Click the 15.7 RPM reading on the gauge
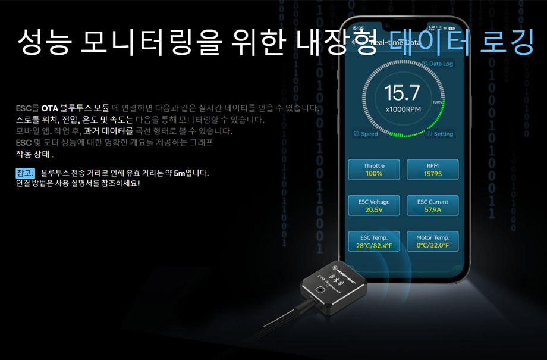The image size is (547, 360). coord(403,93)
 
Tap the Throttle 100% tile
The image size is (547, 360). coord(374,170)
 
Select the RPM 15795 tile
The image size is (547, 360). coord(432,170)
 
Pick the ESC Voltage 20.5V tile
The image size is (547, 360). coord(374,205)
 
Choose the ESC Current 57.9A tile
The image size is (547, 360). coord(432,205)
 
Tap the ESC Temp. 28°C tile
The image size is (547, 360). coord(374,241)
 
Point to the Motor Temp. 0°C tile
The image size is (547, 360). coord(432,241)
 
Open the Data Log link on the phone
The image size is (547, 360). coord(438,64)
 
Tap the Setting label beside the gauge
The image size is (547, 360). coord(440,134)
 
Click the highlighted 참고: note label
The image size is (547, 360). coord(26,173)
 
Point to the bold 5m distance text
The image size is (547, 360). coord(180,173)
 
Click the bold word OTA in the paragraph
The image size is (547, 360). coord(50,108)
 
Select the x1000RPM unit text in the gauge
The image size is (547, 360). coord(403,110)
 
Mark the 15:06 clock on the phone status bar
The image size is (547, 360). coord(358,27)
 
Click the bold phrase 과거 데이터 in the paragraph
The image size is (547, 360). coord(109,131)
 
